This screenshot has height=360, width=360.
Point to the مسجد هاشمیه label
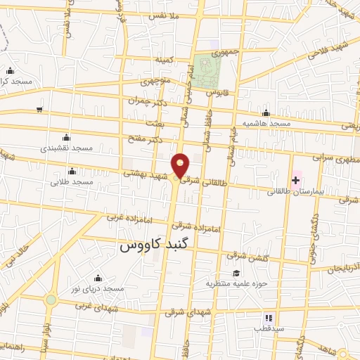[266, 124]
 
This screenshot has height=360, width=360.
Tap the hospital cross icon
[296, 180]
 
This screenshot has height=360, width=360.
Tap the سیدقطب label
[269, 328]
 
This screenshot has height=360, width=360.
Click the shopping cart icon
[39, 110]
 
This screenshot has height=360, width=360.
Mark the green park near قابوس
[207, 69]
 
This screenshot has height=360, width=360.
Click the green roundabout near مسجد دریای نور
[51, 300]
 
